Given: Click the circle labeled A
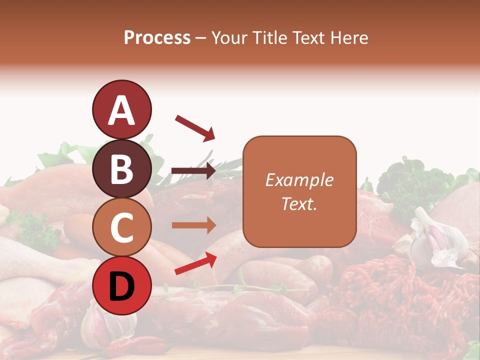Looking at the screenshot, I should click(121, 109).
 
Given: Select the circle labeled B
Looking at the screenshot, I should click(121, 168).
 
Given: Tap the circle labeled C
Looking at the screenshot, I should click(121, 227).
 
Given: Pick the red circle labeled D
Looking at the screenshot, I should click(121, 285).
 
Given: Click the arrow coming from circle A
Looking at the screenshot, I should click(195, 127).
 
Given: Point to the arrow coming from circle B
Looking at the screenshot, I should click(193, 171).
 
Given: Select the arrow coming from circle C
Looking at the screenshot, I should click(193, 225).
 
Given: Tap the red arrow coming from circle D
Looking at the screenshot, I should click(195, 263).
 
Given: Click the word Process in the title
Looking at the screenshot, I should click(157, 37).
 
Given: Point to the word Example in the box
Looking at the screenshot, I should click(299, 180).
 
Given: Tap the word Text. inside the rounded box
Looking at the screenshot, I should click(299, 203).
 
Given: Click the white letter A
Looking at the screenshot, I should click(121, 110).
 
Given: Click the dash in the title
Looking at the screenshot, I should click(201, 38).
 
